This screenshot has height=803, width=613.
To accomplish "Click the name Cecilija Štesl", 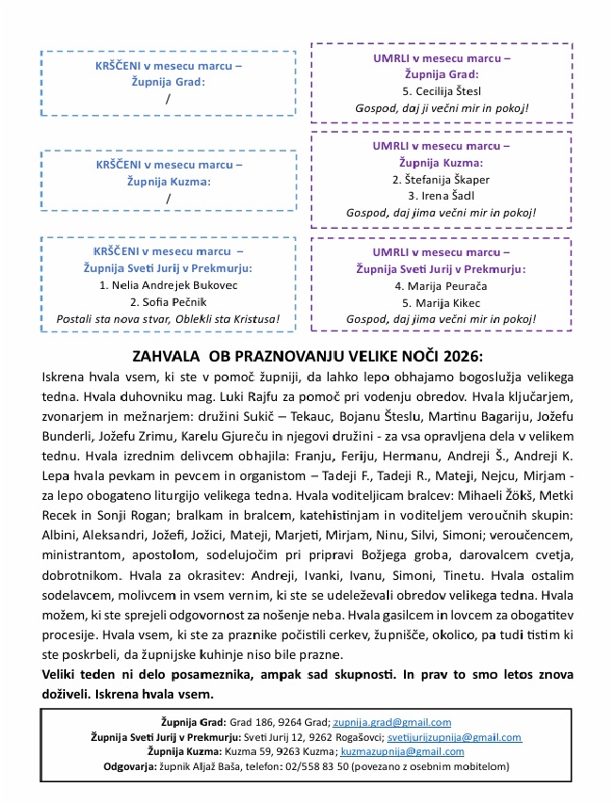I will [x=447, y=91].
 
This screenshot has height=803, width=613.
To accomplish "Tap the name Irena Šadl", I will [x=441, y=196].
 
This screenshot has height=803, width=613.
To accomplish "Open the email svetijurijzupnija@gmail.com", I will [x=455, y=737].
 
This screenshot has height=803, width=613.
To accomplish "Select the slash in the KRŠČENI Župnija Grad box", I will [x=169, y=99].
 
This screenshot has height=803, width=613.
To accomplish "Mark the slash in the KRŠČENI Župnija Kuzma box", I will [x=169, y=198].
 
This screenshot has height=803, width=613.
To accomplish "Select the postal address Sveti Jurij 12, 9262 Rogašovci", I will [x=317, y=737].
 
